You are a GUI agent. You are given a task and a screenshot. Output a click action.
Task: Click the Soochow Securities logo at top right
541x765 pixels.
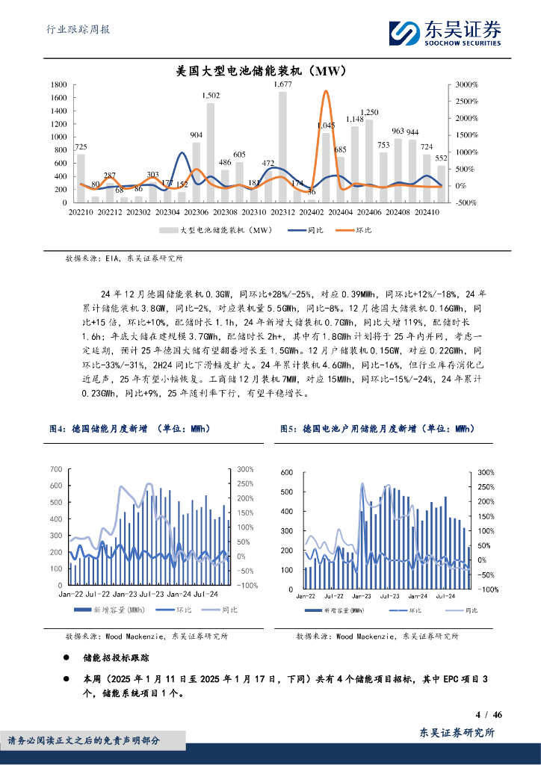click(444, 31)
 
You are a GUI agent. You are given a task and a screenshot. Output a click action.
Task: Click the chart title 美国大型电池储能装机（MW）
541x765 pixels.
click(259, 72)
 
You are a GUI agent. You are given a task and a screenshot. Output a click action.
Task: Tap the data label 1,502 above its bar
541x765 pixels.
click(211, 96)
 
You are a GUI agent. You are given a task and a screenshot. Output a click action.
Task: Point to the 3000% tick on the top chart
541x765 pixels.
click(467, 85)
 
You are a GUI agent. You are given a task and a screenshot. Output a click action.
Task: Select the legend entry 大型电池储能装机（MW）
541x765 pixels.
click(217, 231)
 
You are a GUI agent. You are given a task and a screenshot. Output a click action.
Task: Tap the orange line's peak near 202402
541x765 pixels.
click(326, 92)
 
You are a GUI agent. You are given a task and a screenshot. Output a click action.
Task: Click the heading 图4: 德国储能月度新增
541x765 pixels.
click(129, 429)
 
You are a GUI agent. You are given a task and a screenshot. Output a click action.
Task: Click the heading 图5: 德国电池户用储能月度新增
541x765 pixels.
click(377, 429)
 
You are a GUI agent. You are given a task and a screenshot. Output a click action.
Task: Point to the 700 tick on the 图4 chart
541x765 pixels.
click(56, 468)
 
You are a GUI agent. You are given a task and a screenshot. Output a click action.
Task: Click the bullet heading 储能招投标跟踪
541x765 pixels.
click(116, 658)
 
